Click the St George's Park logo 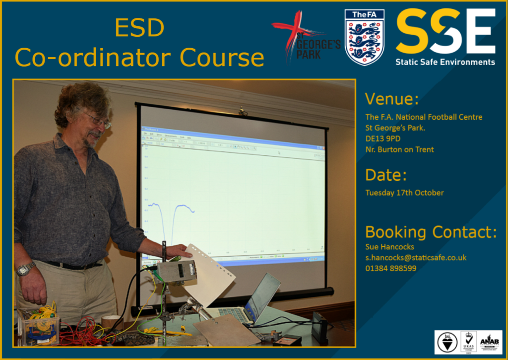point(305,38)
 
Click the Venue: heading point(392,99)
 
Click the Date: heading point(386,175)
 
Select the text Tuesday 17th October point(404,193)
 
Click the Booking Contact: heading point(431,232)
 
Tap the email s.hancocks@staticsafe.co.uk point(416,257)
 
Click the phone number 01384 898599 point(390,268)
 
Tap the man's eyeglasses point(98,119)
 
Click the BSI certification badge point(447,342)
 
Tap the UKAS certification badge point(468,342)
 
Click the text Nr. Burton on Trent point(399,149)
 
